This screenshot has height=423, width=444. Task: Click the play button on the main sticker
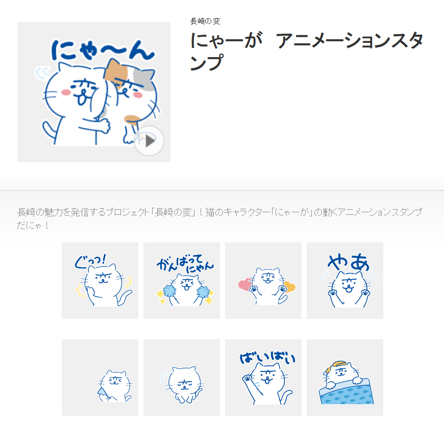coord(149,141)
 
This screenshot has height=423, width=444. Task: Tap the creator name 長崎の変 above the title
coord(205,21)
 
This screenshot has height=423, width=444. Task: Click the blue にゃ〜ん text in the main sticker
coord(103,50)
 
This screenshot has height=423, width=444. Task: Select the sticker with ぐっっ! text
coord(100,281)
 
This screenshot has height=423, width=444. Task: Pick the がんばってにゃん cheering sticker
coord(182,281)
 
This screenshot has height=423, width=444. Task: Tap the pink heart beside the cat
coord(245,284)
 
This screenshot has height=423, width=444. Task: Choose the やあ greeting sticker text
coord(349,262)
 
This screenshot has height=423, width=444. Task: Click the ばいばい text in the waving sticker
coord(267,358)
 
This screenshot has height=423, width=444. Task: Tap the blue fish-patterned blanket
coord(347,392)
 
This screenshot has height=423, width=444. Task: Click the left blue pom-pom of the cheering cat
coord(169,291)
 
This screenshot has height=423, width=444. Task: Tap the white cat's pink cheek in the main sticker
coord(66,92)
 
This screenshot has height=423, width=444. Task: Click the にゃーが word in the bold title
coord(226,40)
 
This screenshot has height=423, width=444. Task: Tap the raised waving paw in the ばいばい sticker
coord(247,378)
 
